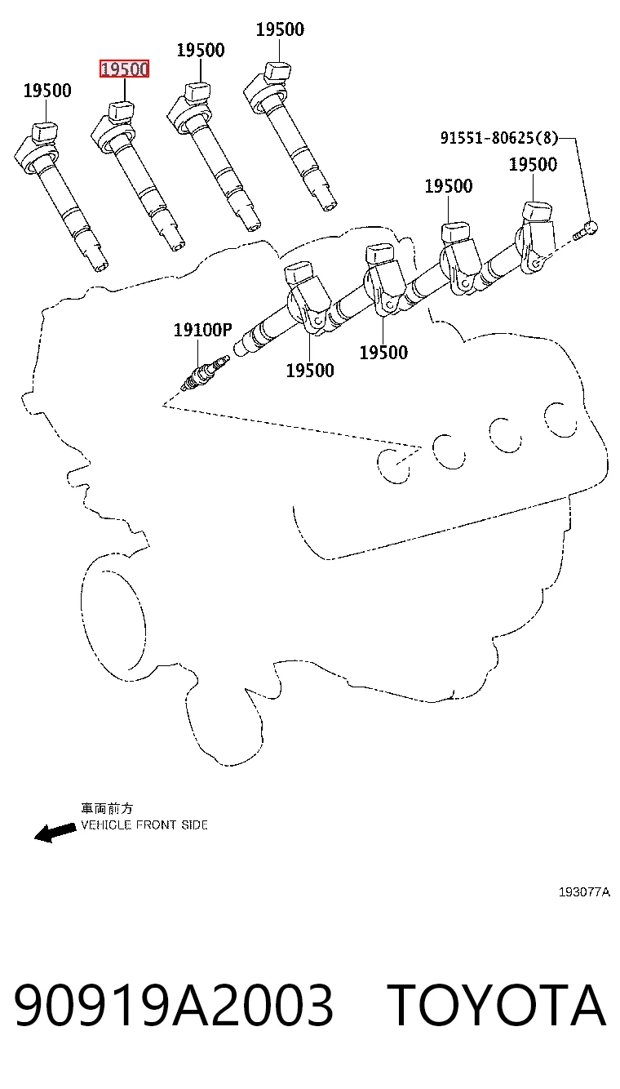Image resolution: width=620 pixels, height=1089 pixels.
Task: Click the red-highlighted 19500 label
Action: (124, 69)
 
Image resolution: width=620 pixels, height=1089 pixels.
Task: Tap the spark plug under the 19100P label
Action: (205, 373)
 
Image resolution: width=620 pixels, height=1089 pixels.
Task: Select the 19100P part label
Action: (203, 330)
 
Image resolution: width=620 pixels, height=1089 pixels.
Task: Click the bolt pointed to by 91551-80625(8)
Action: (585, 230)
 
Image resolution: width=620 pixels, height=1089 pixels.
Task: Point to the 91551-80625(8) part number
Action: (499, 138)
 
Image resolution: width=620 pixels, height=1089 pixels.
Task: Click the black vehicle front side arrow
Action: (55, 833)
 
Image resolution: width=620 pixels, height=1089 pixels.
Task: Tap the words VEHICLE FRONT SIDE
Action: (144, 825)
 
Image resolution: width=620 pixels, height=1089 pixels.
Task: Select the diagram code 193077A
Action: (584, 891)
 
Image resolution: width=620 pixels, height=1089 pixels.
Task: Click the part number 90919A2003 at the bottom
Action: (174, 1005)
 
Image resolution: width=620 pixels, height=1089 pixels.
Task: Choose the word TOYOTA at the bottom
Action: (496, 1005)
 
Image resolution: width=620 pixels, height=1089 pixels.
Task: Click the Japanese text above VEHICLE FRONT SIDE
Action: (107, 808)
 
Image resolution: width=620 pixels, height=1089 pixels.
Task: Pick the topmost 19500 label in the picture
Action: (281, 29)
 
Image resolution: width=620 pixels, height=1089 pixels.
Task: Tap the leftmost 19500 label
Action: (47, 91)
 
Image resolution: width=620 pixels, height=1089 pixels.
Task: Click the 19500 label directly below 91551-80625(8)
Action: (533, 164)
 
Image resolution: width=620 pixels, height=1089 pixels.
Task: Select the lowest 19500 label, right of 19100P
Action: (310, 371)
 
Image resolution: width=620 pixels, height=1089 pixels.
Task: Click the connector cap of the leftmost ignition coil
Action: (45, 131)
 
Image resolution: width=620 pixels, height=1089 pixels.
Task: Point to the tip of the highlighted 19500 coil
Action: (179, 246)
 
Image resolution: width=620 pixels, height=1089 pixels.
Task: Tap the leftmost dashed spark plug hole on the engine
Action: (394, 466)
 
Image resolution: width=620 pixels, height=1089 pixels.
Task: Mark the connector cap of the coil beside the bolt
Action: (537, 212)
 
